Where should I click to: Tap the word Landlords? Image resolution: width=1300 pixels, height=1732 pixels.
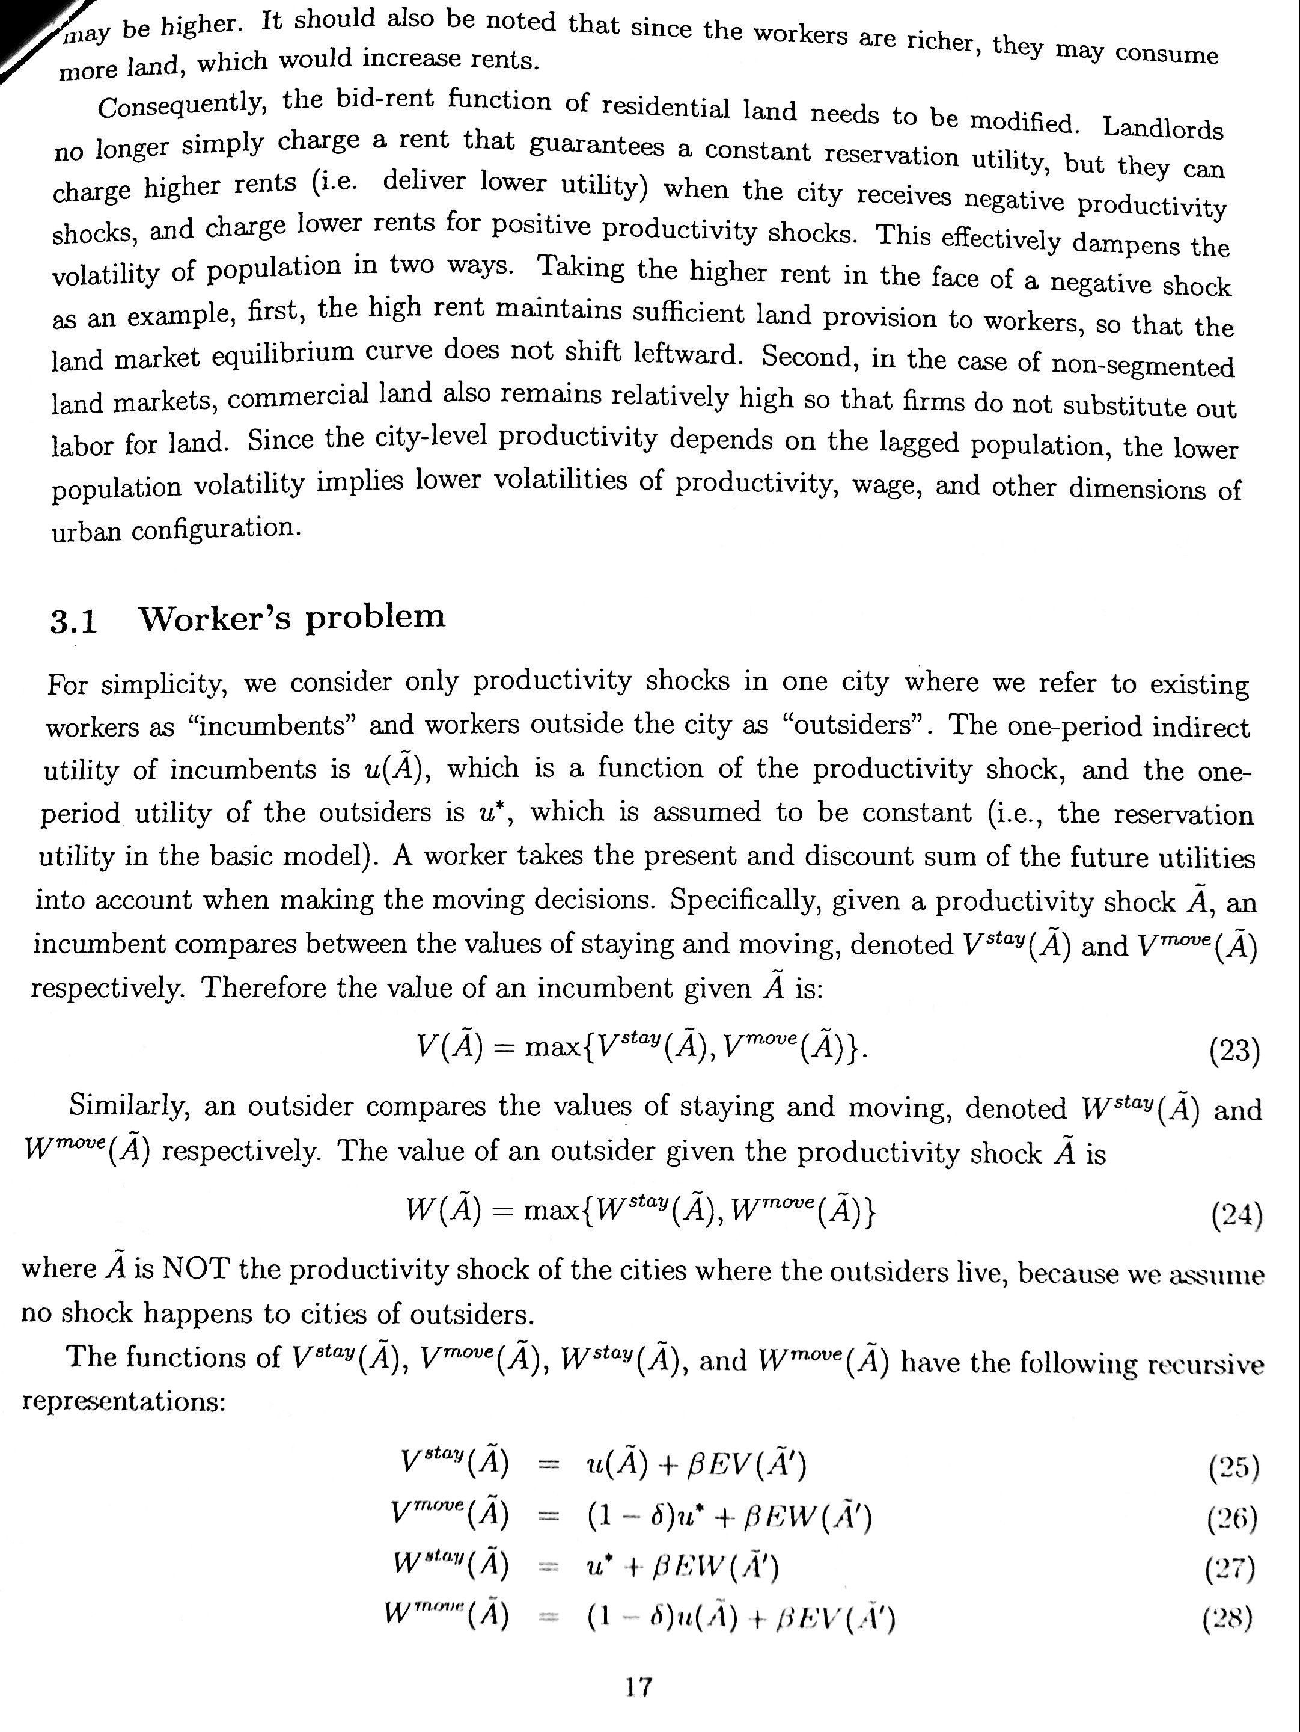(1163, 127)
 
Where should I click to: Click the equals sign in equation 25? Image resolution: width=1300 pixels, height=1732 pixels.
(550, 1463)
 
